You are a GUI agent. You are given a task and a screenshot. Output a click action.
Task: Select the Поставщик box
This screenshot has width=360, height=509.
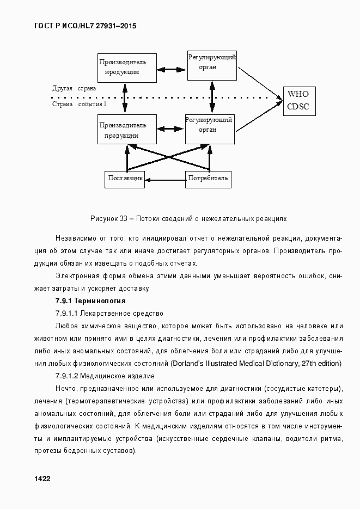tap(125, 179)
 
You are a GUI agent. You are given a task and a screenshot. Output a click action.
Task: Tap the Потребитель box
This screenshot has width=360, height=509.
tap(208, 179)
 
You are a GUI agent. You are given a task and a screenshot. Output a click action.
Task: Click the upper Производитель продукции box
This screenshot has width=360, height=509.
tap(126, 68)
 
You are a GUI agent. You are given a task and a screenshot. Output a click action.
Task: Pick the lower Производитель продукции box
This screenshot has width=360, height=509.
tap(126, 130)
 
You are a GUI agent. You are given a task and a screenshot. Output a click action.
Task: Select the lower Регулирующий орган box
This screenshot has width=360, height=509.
tap(210, 128)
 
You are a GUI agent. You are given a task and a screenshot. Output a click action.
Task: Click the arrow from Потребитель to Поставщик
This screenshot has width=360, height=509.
tap(166, 179)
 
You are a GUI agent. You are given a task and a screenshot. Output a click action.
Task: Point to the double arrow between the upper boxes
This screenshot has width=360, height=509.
tap(172, 69)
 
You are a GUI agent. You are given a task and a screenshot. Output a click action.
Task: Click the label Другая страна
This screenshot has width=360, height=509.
tap(74, 88)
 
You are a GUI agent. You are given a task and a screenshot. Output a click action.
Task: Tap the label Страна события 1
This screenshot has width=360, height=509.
tap(79, 104)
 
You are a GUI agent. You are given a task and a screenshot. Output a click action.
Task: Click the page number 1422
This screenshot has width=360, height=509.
tap(42, 479)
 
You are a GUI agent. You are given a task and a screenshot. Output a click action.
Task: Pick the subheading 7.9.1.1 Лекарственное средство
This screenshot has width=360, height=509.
tap(109, 314)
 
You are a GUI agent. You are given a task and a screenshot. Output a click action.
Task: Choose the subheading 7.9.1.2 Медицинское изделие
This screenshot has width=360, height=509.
tap(105, 376)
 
